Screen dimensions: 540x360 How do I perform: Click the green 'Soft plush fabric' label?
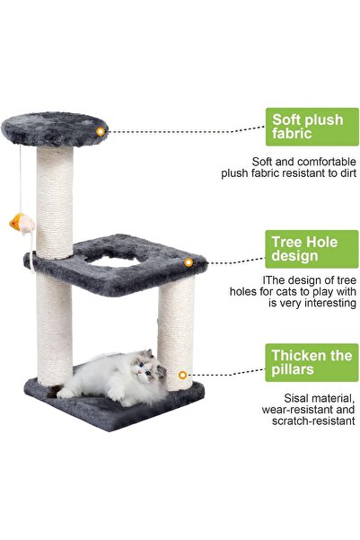point(308,127)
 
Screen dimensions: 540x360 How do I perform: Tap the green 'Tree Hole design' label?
point(308,248)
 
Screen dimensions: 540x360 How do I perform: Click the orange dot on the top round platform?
point(101,131)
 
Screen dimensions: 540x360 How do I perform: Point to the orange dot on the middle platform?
point(189,262)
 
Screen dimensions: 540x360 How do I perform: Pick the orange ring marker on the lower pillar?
point(183,375)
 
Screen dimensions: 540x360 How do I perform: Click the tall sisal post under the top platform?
point(56,202)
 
